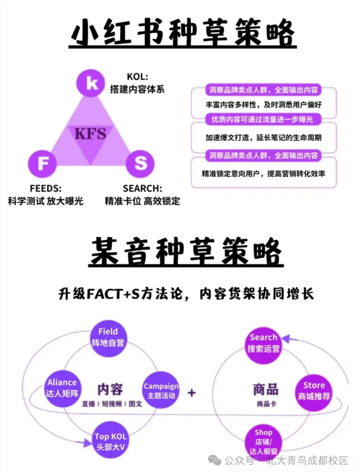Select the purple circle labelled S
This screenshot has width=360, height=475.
click(140, 163)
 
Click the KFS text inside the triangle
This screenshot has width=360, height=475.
click(90, 133)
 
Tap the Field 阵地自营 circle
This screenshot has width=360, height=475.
click(108, 337)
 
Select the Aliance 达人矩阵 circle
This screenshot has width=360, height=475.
click(62, 388)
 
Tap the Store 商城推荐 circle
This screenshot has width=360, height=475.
click(314, 391)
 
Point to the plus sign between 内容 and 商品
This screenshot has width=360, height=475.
click(192, 393)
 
